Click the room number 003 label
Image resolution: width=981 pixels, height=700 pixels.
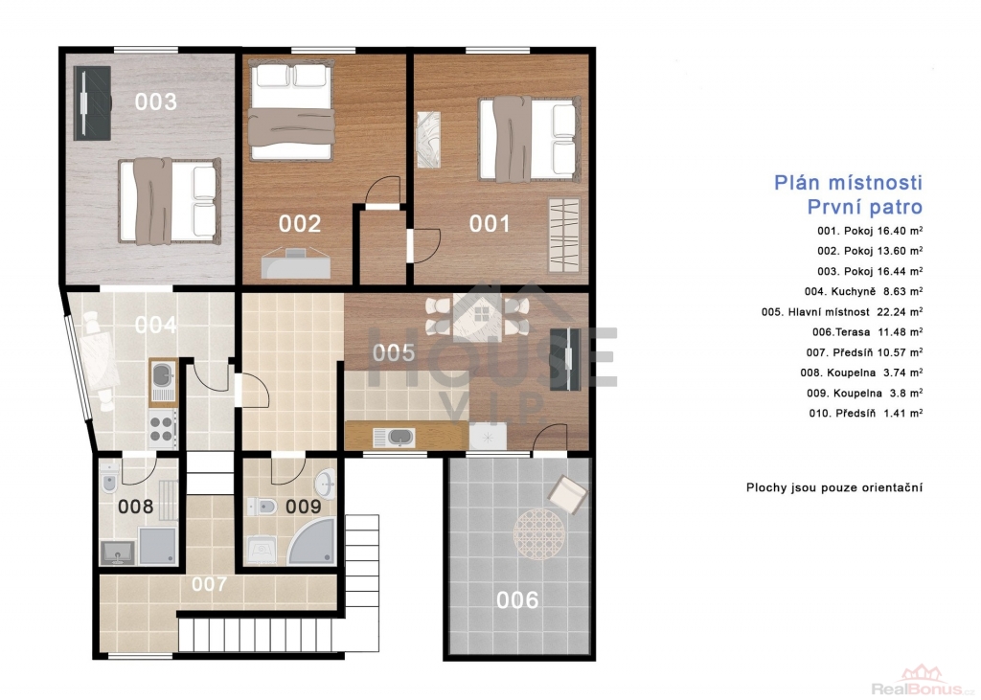pyautogui.click(x=156, y=102)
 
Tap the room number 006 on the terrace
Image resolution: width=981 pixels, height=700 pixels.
pyautogui.click(x=517, y=599)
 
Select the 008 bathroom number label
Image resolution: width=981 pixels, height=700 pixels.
pyautogui.click(x=136, y=506)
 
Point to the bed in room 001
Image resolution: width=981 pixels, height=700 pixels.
pyautogui.click(x=528, y=139)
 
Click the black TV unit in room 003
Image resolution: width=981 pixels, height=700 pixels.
pyautogui.click(x=92, y=103)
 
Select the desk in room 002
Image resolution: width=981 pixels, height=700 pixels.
pyautogui.click(x=295, y=262)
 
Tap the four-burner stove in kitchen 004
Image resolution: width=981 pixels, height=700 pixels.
pyautogui.click(x=161, y=428)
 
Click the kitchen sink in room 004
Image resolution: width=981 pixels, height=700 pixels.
pyautogui.click(x=163, y=381)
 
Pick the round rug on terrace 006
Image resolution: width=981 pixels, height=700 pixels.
pyautogui.click(x=539, y=534)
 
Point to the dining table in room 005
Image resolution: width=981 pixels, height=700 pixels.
pyautogui.click(x=477, y=316)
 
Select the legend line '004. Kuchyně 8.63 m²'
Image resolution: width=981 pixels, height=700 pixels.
pyautogui.click(x=863, y=291)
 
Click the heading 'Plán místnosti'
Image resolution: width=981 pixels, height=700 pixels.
pyautogui.click(x=848, y=183)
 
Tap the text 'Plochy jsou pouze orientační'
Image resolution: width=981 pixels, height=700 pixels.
pyautogui.click(x=834, y=487)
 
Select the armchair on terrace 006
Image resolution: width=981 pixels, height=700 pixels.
pyautogui.click(x=567, y=495)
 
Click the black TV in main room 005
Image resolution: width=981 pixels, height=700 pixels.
pyautogui.click(x=568, y=359)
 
